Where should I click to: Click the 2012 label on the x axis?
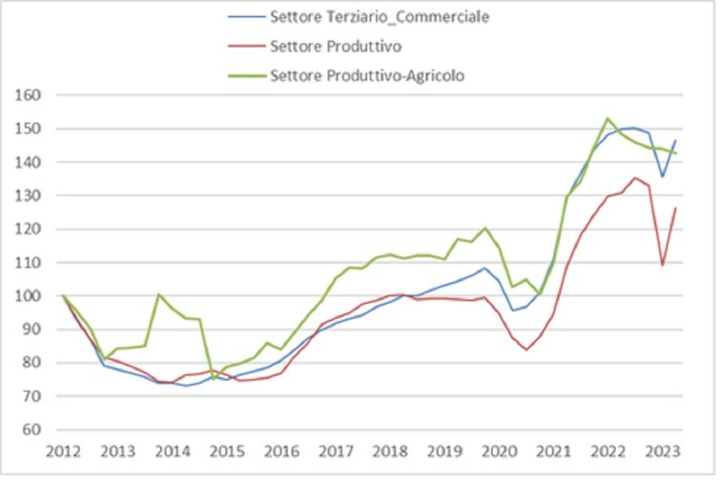pyautogui.click(x=63, y=451)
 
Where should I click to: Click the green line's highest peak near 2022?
pyautogui.click(x=608, y=118)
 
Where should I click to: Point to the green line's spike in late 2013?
pyautogui.click(x=159, y=294)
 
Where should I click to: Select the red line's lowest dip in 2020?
pyautogui.click(x=525, y=350)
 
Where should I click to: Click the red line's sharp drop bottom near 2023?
pyautogui.click(x=664, y=265)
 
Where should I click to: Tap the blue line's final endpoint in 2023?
pyautogui.click(x=676, y=141)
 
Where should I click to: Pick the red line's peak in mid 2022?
pyautogui.click(x=635, y=178)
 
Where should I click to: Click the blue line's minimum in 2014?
pyautogui.click(x=185, y=386)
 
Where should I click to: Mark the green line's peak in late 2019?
pyautogui.click(x=484, y=228)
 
